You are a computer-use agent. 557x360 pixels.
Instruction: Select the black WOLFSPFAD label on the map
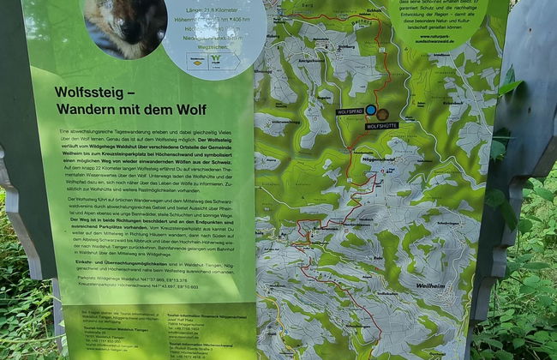350,111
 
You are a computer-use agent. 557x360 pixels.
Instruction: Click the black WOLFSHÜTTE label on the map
381,126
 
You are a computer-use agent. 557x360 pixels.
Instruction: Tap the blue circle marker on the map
370,110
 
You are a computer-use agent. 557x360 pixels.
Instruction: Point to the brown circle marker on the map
382,114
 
